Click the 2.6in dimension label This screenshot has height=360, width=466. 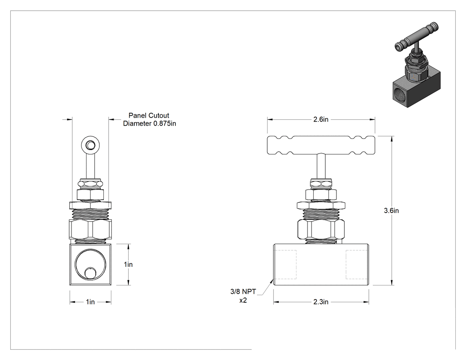pos(321,119)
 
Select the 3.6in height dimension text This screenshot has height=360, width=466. pos(391,210)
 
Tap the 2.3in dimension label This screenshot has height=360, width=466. pos(321,302)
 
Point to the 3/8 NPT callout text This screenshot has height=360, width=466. pos(243,291)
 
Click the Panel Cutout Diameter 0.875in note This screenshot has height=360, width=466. pos(150,119)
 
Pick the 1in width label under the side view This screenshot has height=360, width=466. pos(91,302)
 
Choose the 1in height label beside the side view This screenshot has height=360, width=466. pos(128,264)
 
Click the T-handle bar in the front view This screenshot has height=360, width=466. pos(321,145)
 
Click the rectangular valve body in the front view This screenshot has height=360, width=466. pos(321,265)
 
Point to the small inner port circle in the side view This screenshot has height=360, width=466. pos(91,273)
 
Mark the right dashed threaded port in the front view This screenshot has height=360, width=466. pos(357,264)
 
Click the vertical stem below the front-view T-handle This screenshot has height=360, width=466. pos(321,166)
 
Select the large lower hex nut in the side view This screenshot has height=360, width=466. pos(91,229)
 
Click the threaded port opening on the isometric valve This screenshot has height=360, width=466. pos(398,93)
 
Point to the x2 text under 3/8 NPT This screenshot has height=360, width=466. pos(243,300)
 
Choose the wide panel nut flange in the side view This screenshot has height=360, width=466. pos(91,205)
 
